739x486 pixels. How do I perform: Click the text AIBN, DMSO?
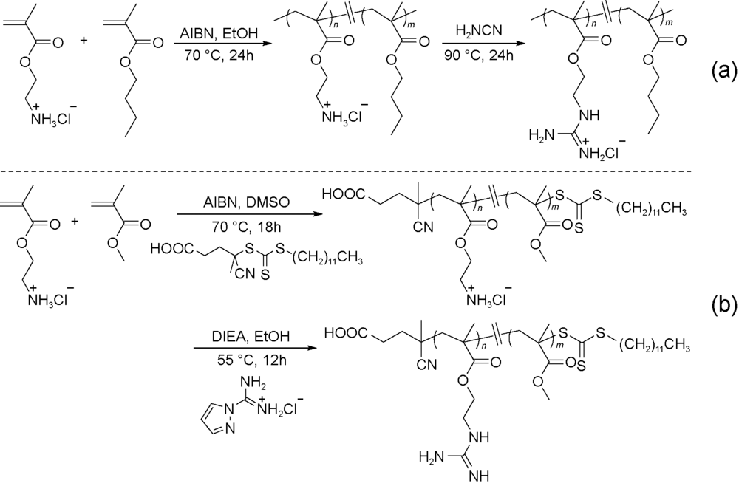click(229, 202)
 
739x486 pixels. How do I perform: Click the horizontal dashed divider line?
click(369, 173)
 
